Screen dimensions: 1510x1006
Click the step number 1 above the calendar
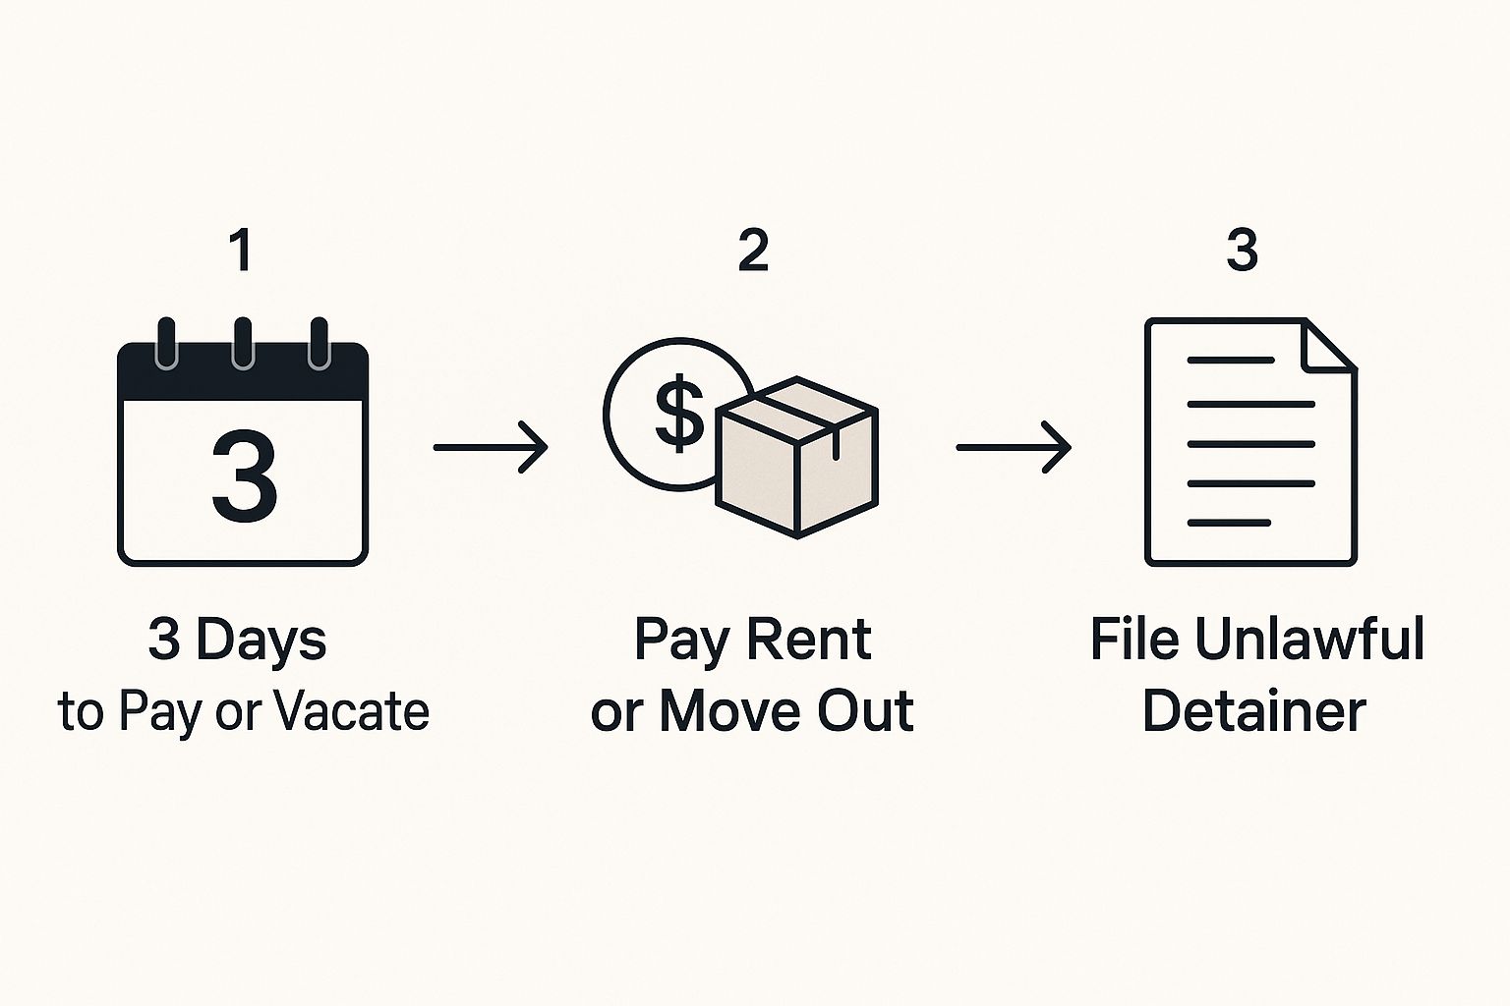click(x=242, y=250)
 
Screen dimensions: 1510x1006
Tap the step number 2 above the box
click(x=753, y=250)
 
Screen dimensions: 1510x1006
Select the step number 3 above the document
click(x=1242, y=250)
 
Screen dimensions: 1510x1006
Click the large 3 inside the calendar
click(x=244, y=476)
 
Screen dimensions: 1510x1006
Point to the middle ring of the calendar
click(x=243, y=343)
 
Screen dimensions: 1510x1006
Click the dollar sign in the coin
click(x=679, y=412)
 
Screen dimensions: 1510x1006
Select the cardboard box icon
click(x=797, y=458)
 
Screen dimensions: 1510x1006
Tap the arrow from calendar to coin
click(x=491, y=447)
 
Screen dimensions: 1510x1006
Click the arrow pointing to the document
click(x=1014, y=447)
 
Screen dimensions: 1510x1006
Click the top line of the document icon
click(x=1230, y=361)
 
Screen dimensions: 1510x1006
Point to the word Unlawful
click(x=1309, y=639)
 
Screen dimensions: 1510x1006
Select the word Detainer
click(x=1253, y=710)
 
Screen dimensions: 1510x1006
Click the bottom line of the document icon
click(x=1229, y=523)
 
